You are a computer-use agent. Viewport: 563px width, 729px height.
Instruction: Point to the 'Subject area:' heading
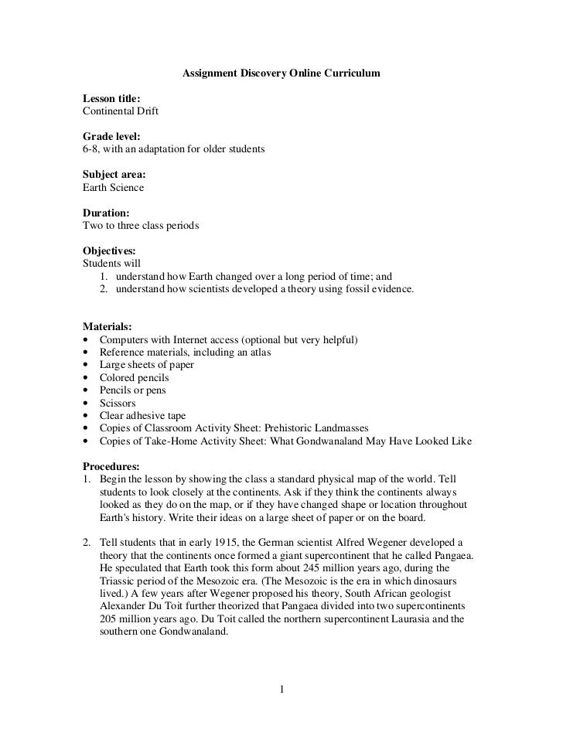(x=114, y=175)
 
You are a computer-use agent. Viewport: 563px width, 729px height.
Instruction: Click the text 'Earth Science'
(x=113, y=187)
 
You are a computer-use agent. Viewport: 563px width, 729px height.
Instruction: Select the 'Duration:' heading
(x=106, y=213)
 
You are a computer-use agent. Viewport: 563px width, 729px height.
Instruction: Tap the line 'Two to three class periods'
(x=141, y=226)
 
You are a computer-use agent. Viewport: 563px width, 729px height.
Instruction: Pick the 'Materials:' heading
(x=107, y=327)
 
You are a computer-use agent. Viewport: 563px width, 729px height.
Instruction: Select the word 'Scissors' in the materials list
(x=118, y=403)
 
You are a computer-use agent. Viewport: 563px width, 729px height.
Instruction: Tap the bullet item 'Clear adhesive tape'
(x=142, y=415)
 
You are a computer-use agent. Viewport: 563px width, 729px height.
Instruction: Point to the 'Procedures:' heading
(x=111, y=466)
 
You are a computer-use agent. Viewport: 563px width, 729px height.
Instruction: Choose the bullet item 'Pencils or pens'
(x=132, y=390)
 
